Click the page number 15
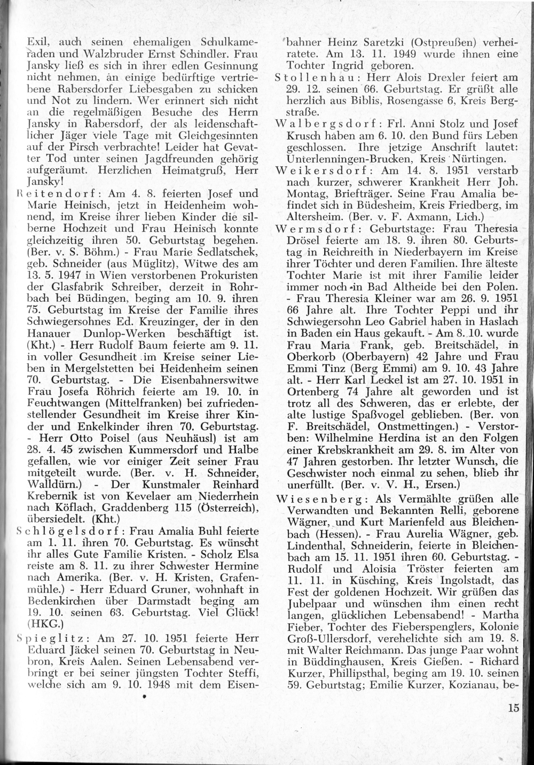(514, 709)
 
